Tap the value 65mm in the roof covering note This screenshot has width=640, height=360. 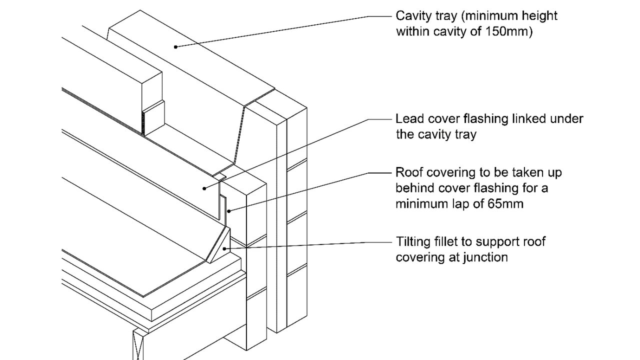point(505,204)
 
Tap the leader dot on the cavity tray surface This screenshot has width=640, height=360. point(175,47)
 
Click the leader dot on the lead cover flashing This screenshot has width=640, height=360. point(204,188)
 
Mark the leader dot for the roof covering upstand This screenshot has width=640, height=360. point(228,211)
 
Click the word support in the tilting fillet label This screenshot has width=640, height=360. point(490,242)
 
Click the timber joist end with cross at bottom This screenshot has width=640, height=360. point(139,345)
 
